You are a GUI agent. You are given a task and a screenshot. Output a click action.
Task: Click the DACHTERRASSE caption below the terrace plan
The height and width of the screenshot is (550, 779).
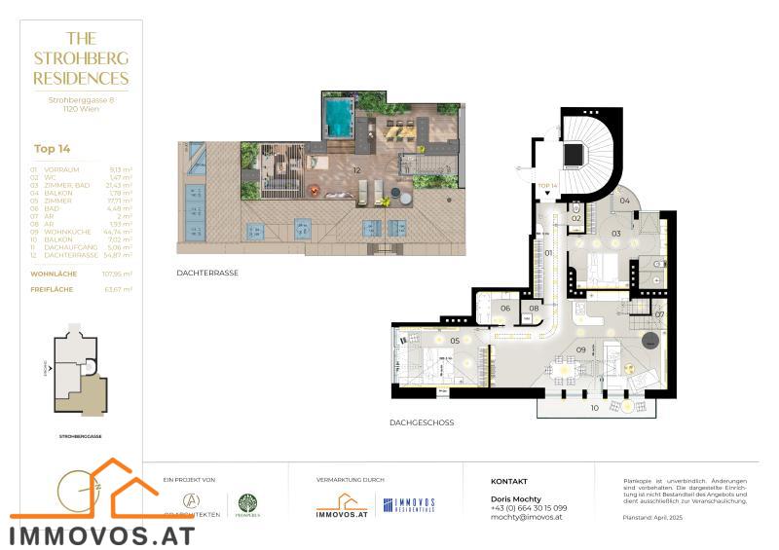click(207, 273)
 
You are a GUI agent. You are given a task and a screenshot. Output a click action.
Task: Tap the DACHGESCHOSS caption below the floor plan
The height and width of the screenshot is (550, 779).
click(422, 423)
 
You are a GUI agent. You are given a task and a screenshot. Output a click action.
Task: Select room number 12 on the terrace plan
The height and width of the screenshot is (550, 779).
click(358, 170)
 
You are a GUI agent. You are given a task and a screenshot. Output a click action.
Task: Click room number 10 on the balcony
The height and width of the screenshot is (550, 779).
click(594, 408)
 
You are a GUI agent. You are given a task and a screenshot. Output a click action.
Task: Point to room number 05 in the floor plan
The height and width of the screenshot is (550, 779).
click(455, 341)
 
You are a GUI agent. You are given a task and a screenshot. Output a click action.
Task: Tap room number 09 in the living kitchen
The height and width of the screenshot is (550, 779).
click(580, 348)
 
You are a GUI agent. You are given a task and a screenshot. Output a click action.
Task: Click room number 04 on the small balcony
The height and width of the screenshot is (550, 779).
click(624, 201)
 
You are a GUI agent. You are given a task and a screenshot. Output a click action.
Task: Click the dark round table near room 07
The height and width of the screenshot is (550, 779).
click(649, 340)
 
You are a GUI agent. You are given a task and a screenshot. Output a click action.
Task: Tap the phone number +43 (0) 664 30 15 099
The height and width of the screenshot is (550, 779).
click(529, 507)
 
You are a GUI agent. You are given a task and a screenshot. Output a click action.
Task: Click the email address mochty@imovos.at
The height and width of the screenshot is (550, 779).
click(527, 518)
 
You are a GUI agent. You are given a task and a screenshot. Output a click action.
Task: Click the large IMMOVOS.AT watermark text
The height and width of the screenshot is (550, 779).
click(102, 534)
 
